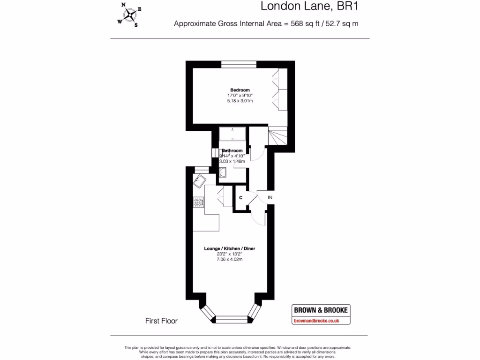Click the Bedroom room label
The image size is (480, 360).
click(240, 90)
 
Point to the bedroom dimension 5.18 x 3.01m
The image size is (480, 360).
click(240, 101)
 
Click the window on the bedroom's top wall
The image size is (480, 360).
click(239, 64)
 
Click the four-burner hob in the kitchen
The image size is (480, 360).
click(199, 202)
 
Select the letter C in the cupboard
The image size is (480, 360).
click(240, 198)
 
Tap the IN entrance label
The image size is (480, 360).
click(270, 198)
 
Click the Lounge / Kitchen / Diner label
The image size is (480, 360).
click(229, 248)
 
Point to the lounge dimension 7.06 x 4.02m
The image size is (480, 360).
click(229, 259)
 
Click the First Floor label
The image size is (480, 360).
click(161, 321)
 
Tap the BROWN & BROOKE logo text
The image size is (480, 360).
click(321, 310)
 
